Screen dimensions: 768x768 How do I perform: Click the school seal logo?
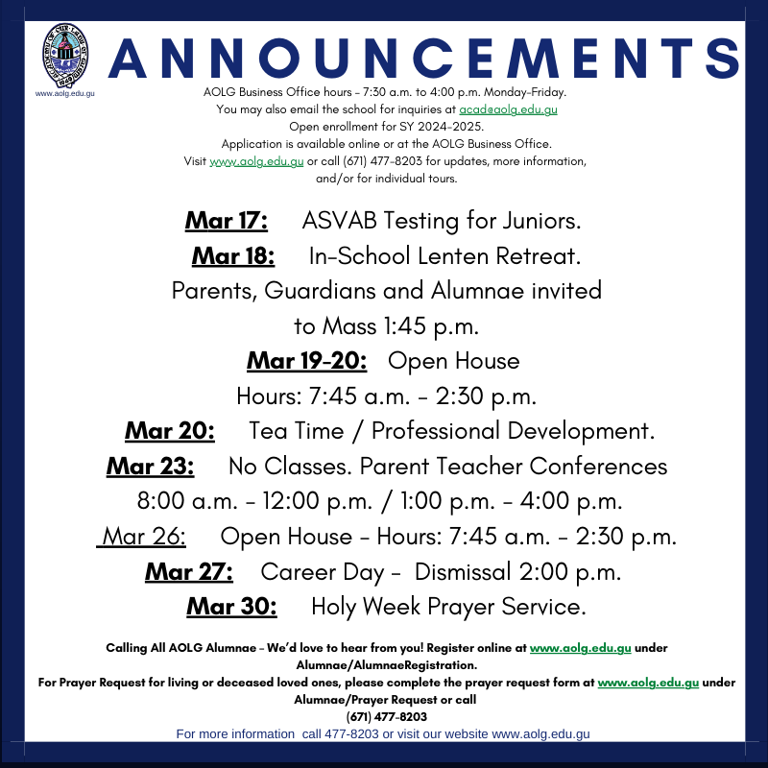click(x=63, y=57)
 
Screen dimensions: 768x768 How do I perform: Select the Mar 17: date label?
click(x=227, y=221)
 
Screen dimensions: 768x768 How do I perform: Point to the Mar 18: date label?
click(x=233, y=256)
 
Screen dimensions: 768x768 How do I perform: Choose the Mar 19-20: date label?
click(x=307, y=361)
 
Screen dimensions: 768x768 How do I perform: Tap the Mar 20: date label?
click(x=170, y=431)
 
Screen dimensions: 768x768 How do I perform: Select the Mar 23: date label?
click(x=151, y=467)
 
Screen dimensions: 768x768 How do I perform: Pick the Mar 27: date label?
click(x=189, y=572)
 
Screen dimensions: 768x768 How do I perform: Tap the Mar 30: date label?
click(x=231, y=607)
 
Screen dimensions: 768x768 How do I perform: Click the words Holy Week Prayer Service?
click(x=448, y=607)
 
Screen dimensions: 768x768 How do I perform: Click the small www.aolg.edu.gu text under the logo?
click(x=64, y=93)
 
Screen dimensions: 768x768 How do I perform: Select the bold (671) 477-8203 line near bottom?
click(x=386, y=716)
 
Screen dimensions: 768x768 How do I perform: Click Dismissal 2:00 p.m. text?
click(x=517, y=572)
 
